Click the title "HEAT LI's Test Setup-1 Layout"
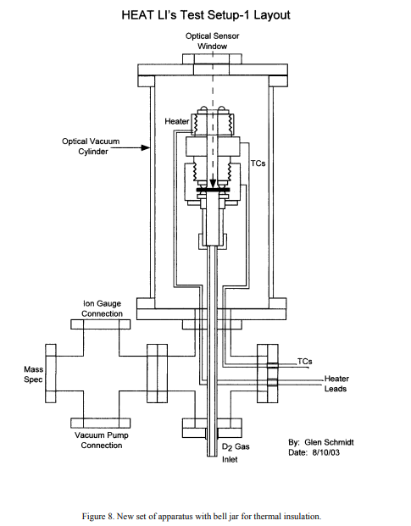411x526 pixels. pyautogui.click(x=206, y=15)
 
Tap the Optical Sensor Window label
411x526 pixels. pyautogui.click(x=212, y=41)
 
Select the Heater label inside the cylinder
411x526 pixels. pyautogui.click(x=177, y=121)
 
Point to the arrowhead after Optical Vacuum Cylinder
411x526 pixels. pyautogui.click(x=146, y=147)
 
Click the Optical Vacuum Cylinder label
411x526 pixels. pyautogui.click(x=91, y=147)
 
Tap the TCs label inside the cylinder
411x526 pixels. pyautogui.click(x=258, y=163)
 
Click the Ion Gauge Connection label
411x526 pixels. pyautogui.click(x=102, y=308)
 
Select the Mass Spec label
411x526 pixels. pyautogui.click(x=33, y=374)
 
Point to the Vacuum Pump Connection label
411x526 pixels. pyautogui.click(x=102, y=440)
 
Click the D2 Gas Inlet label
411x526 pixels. pyautogui.click(x=236, y=453)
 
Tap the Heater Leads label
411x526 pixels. pyautogui.click(x=336, y=384)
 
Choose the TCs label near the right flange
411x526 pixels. pyautogui.click(x=304, y=362)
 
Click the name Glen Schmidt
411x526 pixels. pyautogui.click(x=329, y=442)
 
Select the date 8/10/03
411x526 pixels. pyautogui.click(x=325, y=452)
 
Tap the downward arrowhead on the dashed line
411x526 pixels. pyautogui.click(x=213, y=184)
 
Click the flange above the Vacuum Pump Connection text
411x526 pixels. pyautogui.click(x=101, y=423)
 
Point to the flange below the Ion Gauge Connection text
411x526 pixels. pyautogui.click(x=101, y=324)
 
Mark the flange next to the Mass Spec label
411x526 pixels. pyautogui.click(x=51, y=374)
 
